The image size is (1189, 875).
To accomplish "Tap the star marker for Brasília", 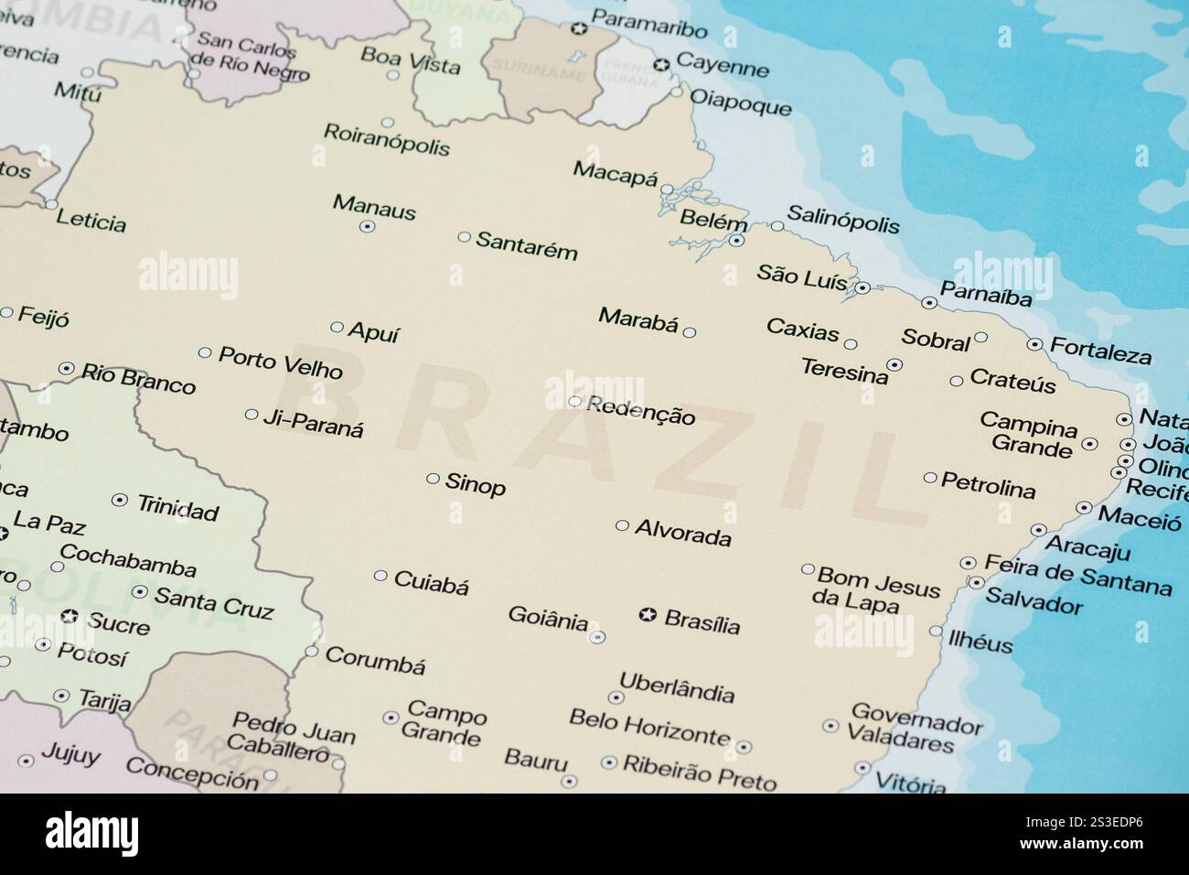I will tap(648, 615).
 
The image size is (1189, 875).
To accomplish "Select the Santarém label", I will tap(527, 244).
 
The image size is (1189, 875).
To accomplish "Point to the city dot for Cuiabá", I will tap(380, 576).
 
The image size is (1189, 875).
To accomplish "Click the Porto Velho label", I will tap(281, 362).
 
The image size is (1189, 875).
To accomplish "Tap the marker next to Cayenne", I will tap(660, 64).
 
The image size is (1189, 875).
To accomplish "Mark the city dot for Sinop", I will tap(433, 478).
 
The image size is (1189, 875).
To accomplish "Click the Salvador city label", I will tap(1034, 602).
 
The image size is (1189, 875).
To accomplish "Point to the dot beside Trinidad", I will tap(119, 500).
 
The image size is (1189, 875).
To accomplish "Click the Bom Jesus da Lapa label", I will tap(875, 589).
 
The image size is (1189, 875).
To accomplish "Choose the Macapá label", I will tap(615, 172).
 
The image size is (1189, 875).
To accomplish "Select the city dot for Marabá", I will tap(690, 332).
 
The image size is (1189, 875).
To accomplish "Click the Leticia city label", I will tap(91, 221).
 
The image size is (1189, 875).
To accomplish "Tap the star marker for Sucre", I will tap(69, 617).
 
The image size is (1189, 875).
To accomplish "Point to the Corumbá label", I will tap(375, 660).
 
